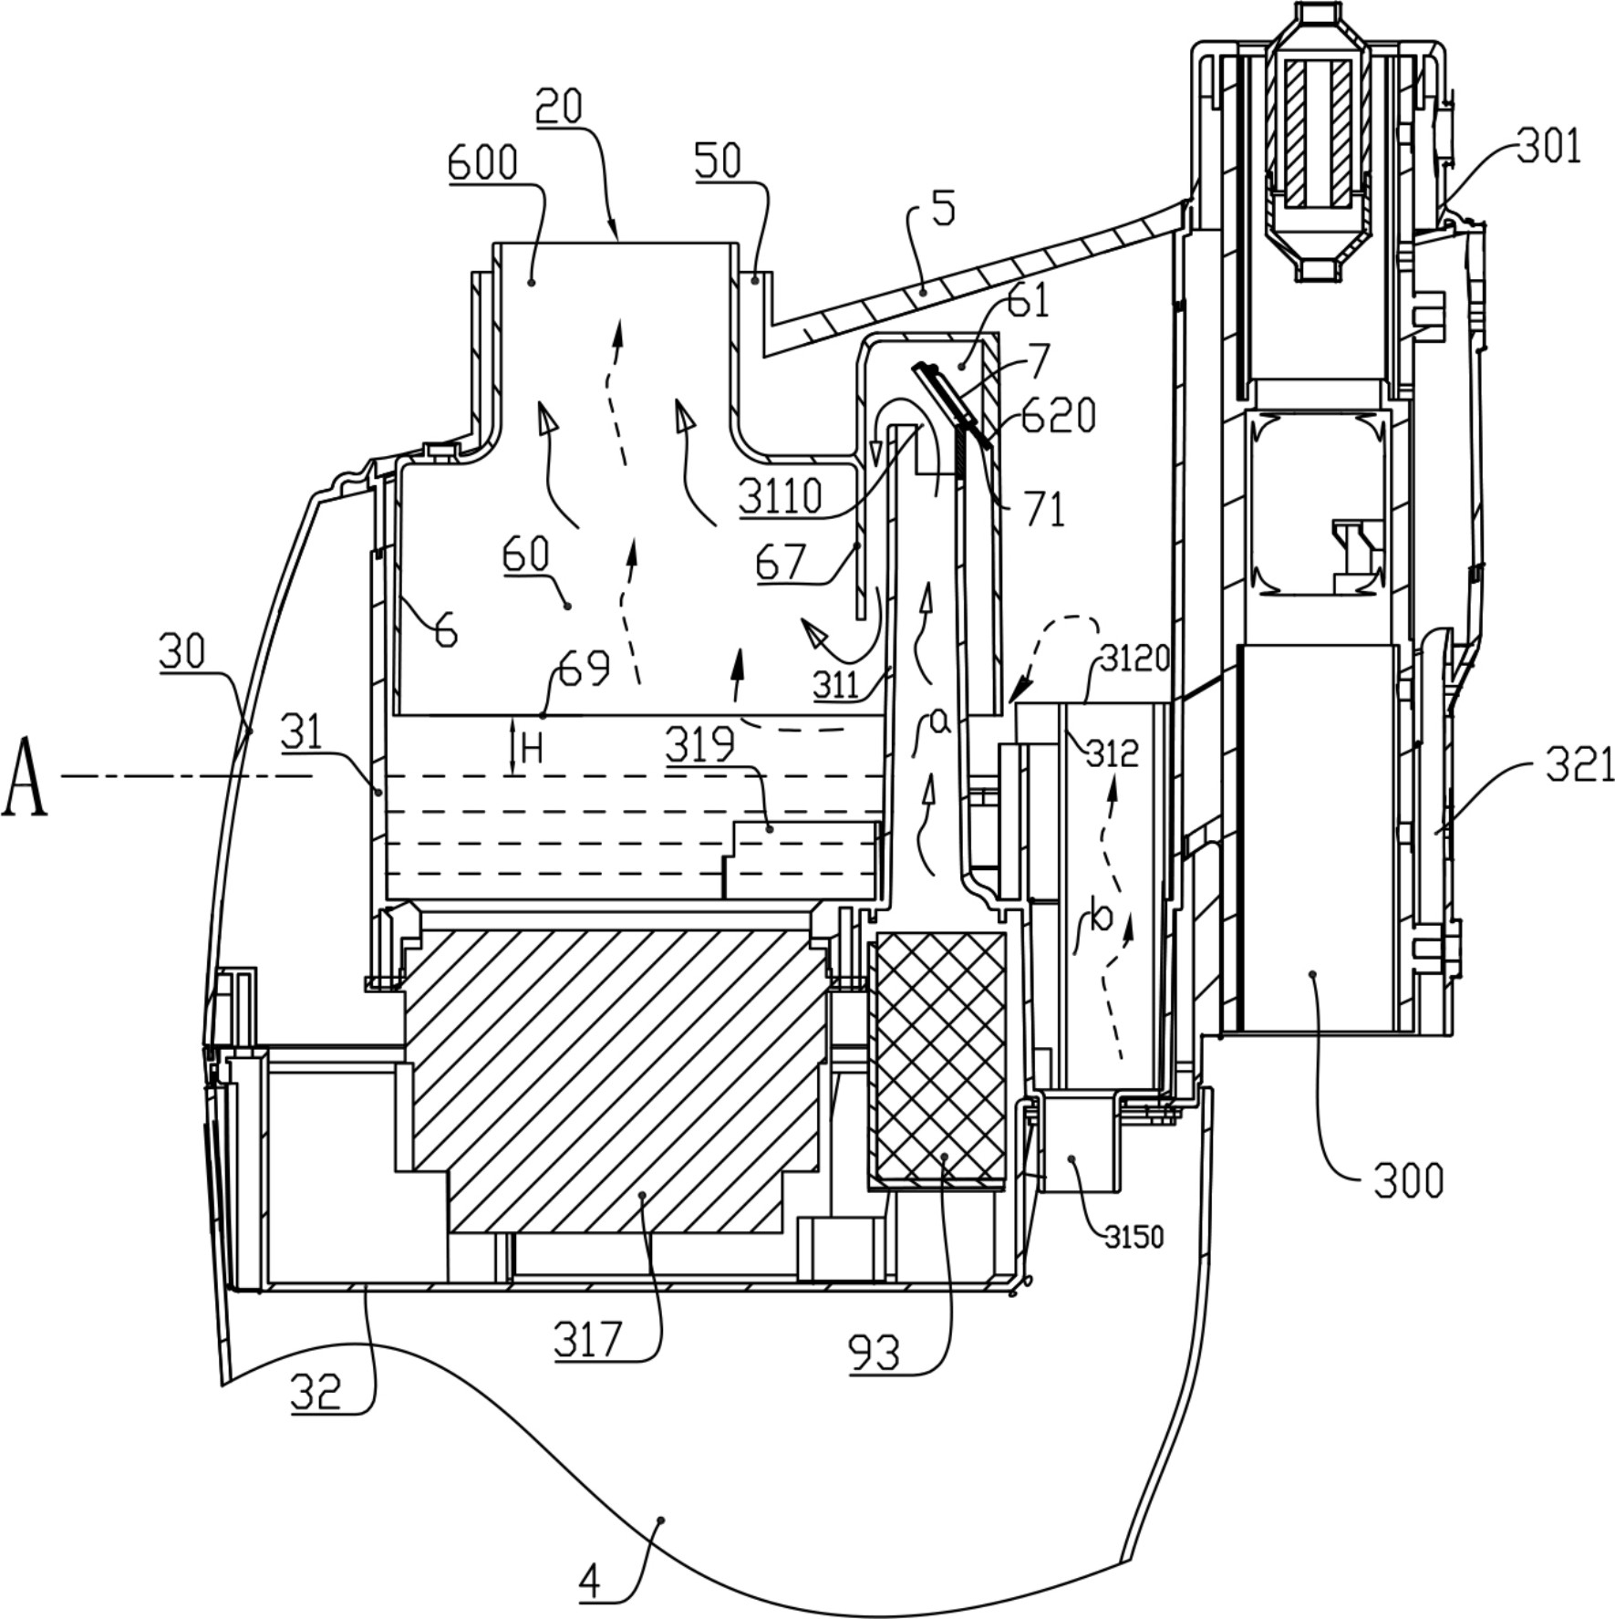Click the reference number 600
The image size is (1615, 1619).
point(482,163)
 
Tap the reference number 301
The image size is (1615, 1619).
point(1549,146)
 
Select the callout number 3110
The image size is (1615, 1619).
point(781,498)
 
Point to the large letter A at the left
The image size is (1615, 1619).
point(25,775)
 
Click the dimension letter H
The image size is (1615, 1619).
point(533,750)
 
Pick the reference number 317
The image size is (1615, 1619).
point(588,1340)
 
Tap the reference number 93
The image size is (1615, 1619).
point(874,1353)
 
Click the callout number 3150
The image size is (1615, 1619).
point(1134,1237)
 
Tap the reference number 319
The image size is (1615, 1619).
point(699,745)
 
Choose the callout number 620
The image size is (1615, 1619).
point(1059,416)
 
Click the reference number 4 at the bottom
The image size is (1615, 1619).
point(590,1583)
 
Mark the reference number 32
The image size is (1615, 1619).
point(316,1392)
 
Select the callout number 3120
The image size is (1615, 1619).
point(1134,659)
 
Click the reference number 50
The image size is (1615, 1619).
point(718,161)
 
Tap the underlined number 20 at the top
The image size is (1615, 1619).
point(558,107)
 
